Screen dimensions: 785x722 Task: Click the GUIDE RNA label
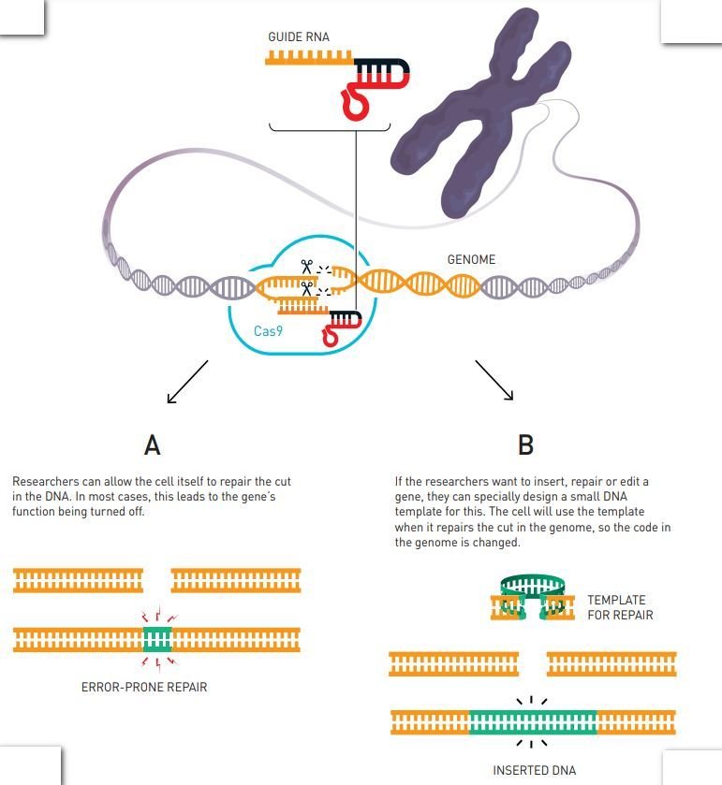(x=298, y=37)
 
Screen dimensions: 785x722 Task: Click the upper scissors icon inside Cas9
(x=306, y=267)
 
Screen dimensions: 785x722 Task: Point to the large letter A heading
(x=152, y=445)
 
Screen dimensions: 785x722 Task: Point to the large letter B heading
(x=525, y=445)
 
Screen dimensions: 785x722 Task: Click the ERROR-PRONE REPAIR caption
(x=144, y=687)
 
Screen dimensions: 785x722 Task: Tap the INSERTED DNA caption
(x=534, y=770)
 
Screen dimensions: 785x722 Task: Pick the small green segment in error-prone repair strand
(x=157, y=640)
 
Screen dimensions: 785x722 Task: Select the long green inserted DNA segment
(x=532, y=722)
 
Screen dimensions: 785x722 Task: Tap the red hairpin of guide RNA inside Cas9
(x=332, y=333)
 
